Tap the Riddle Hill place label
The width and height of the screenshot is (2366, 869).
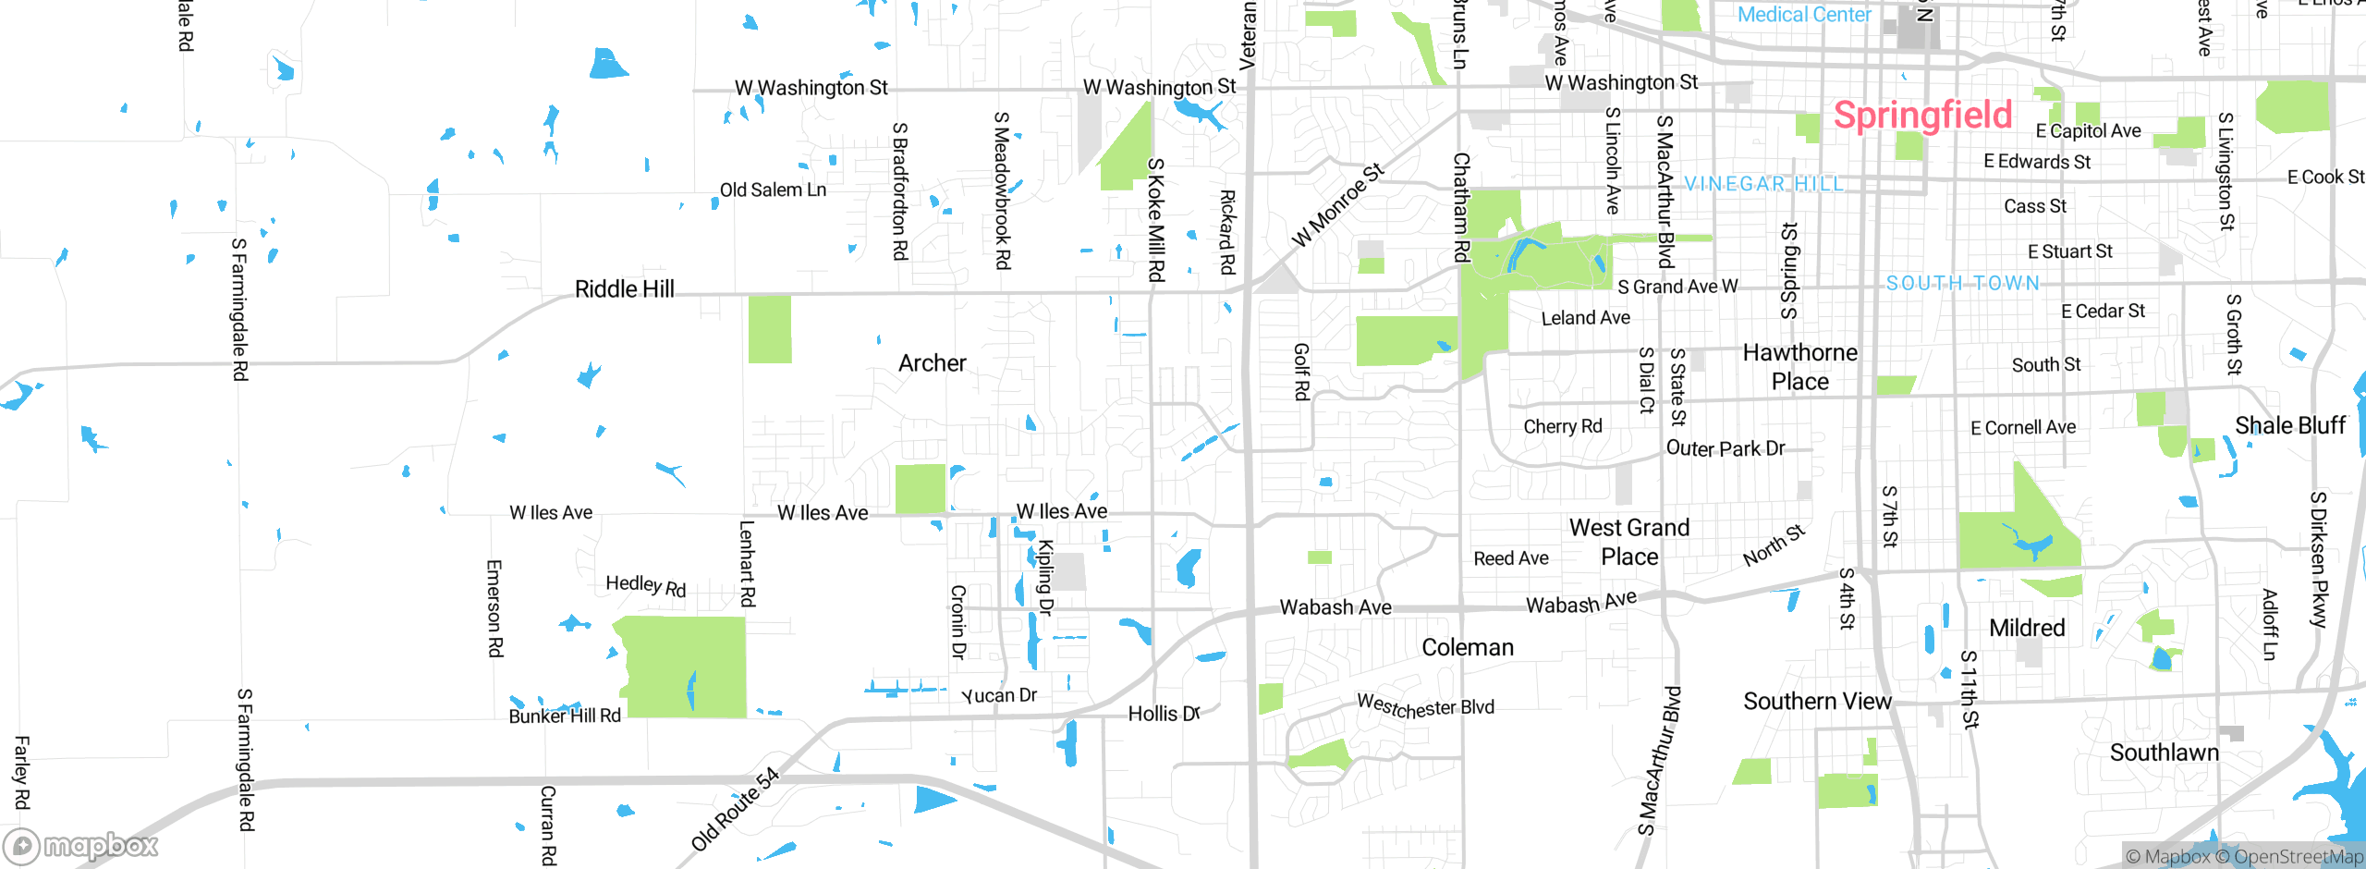pos(624,289)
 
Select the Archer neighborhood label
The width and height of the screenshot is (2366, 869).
pos(932,363)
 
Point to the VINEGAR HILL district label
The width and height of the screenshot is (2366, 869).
pos(1763,184)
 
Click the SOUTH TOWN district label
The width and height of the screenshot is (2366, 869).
pos(1962,283)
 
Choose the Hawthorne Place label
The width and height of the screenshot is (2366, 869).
pos(1799,367)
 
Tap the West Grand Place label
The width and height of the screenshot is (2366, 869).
pos(1628,542)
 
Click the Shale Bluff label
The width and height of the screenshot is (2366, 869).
pos(2289,426)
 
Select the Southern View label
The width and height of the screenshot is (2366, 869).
pos(1817,702)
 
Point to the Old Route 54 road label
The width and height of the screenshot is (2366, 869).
pos(736,809)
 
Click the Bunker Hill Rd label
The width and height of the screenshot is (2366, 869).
pos(565,716)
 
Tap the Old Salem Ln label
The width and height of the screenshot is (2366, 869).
pos(773,190)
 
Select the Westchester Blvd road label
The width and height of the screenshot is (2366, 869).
pos(1425,707)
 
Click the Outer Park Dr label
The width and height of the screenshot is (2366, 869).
pos(1725,448)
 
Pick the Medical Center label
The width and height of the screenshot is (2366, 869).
pos(1803,14)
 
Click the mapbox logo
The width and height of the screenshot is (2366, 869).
pos(81,845)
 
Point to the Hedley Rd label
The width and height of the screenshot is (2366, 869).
pos(645,585)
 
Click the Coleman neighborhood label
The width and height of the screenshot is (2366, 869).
pos(1467,647)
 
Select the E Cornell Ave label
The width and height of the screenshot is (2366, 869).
pos(2022,427)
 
